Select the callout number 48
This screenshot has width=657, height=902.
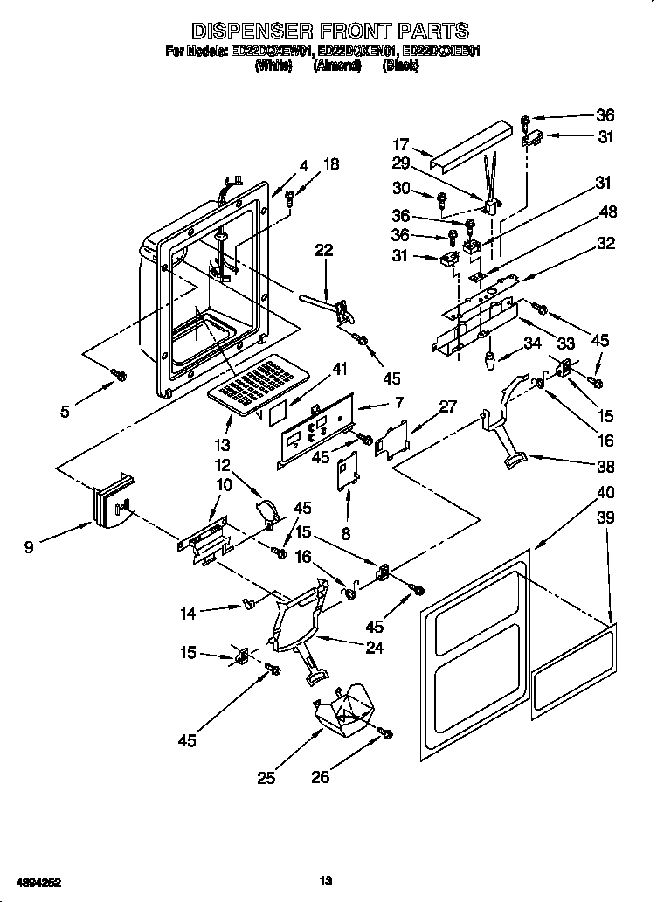(x=605, y=212)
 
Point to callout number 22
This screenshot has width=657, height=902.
(x=324, y=251)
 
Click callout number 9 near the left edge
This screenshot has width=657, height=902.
(x=30, y=548)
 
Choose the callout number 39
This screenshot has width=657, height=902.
(x=605, y=518)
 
